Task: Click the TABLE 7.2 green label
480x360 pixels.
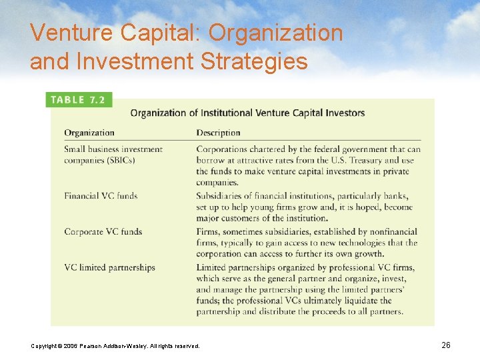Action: [77, 100]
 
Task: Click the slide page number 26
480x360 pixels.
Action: [446, 345]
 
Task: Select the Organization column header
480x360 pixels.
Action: [89, 133]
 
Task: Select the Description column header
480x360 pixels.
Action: [218, 133]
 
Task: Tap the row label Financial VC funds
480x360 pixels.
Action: [101, 196]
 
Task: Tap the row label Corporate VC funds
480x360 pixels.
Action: [103, 232]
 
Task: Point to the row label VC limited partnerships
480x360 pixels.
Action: [109, 268]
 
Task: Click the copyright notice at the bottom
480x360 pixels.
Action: [115, 345]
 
